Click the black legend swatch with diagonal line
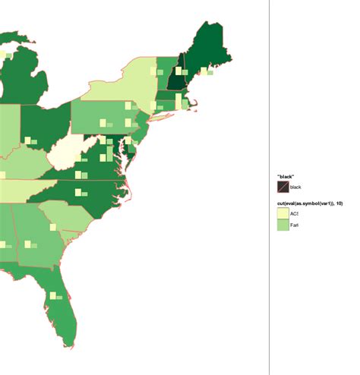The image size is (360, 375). [x=283, y=187]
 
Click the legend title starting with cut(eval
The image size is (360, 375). [x=308, y=203]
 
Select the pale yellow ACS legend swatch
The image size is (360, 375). [x=283, y=214]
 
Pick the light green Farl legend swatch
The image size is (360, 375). [x=283, y=226]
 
